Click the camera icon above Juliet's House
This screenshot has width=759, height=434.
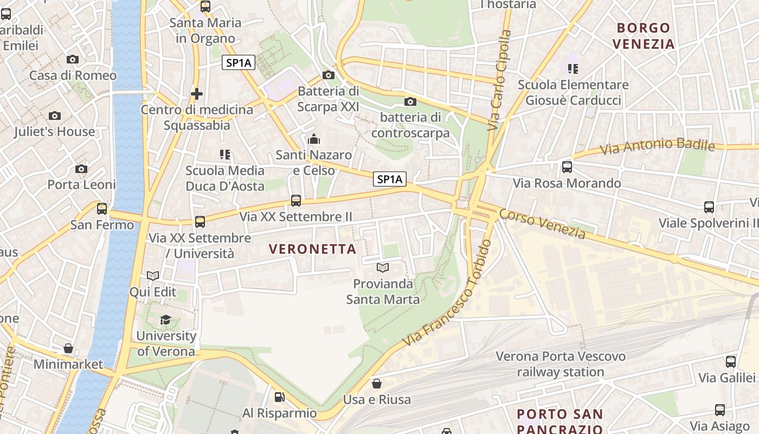pos(55,116)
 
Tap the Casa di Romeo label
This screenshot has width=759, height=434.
pos(73,75)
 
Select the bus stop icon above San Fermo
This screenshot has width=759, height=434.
pos(102,208)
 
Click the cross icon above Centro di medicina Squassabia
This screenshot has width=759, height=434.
pos(197,94)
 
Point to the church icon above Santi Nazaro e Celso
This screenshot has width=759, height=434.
pos(313,139)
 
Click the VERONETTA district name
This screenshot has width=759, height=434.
pos(313,249)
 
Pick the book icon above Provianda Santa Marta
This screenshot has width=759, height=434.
pos(383,267)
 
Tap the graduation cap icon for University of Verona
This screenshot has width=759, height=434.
pos(165,320)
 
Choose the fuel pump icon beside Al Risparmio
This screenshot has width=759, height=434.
pos(279,398)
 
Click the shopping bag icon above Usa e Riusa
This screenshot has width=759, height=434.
pos(377,384)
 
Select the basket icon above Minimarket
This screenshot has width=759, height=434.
pos(68,348)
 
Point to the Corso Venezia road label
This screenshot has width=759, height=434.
pos(542,224)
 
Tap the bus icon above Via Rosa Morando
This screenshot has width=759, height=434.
pos(567,167)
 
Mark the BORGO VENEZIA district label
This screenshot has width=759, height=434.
pos(644,36)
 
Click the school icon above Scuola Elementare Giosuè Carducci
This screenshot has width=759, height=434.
pos(573,68)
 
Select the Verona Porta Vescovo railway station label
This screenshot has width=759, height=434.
pos(561,364)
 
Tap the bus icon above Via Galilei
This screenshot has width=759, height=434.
pos(730,362)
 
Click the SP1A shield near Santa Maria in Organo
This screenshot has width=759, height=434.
pos(239,63)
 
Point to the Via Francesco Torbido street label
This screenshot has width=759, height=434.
pos(447,293)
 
